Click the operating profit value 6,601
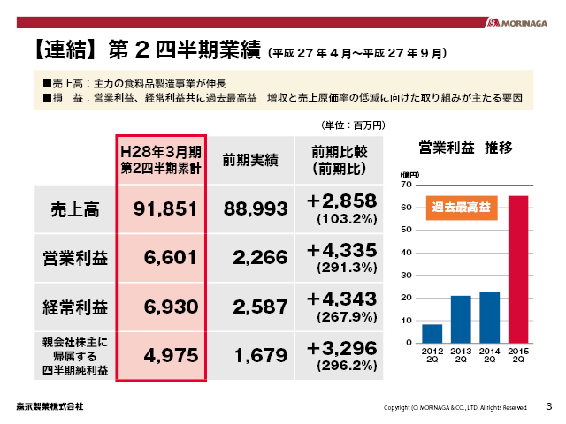[x=161, y=258]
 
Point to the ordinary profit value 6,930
[x=161, y=307]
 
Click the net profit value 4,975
[x=161, y=356]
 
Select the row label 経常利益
[x=74, y=307]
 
